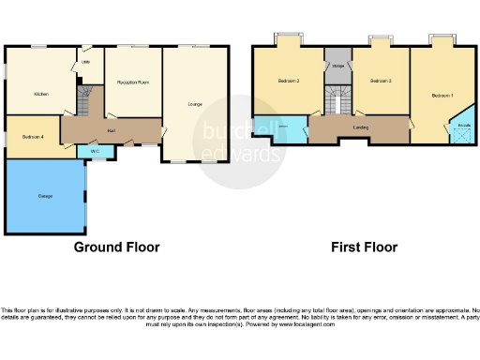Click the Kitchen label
click(x=40, y=94)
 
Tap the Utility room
click(x=85, y=65)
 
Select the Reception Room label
click(x=133, y=82)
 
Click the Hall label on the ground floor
click(x=112, y=129)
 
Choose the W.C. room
click(x=95, y=150)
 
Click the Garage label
click(x=44, y=196)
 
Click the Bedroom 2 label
click(x=289, y=82)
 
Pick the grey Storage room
click(x=337, y=65)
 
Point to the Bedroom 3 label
click(x=379, y=82)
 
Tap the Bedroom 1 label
click(x=442, y=96)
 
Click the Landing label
click(x=360, y=127)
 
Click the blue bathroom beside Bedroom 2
click(x=285, y=128)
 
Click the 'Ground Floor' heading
click(x=117, y=247)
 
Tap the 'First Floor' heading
click(x=364, y=247)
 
